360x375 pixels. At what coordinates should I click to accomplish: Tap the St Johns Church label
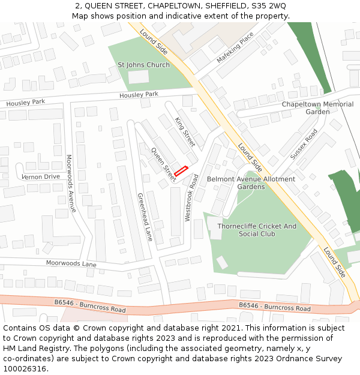[143, 65]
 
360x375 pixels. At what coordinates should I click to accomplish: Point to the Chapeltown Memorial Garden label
[317, 108]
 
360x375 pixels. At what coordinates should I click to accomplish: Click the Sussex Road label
[304, 144]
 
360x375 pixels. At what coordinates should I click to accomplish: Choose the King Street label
[185, 131]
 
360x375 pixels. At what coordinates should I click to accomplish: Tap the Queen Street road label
[163, 164]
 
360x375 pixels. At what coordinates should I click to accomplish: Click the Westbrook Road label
[191, 198]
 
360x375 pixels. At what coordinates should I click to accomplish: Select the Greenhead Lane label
[145, 217]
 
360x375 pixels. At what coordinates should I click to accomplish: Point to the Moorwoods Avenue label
[71, 184]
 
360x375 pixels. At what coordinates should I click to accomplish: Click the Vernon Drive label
[41, 176]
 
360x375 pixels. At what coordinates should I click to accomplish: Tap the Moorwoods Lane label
[71, 264]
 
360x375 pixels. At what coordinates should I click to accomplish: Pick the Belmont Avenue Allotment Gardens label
[251, 183]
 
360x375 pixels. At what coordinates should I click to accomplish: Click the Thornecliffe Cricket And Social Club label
[257, 230]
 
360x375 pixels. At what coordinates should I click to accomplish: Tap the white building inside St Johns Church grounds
[139, 77]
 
